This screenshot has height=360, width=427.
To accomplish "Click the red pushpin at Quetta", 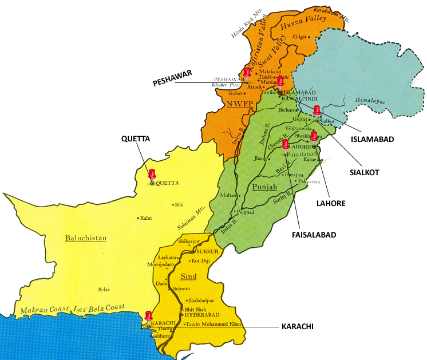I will pyautogui.click(x=152, y=174).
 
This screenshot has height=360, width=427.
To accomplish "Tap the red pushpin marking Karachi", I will pyautogui.click(x=149, y=315).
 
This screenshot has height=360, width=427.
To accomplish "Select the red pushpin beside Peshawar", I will pyautogui.click(x=247, y=73).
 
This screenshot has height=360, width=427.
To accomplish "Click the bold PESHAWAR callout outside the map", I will pyautogui.click(x=172, y=82).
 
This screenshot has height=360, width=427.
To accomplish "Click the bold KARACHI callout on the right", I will pyautogui.click(x=298, y=326).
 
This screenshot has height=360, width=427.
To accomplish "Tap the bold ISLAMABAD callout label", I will pyautogui.click(x=369, y=139).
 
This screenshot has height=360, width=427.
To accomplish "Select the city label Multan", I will pyautogui.click(x=227, y=195).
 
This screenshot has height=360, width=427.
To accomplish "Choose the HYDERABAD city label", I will pyautogui.click(x=201, y=315).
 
